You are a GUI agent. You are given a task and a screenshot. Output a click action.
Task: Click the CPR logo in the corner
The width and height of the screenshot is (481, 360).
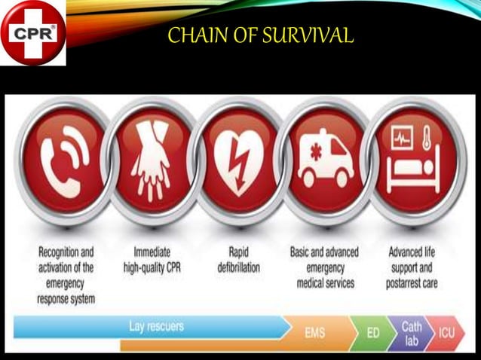tap(33, 33)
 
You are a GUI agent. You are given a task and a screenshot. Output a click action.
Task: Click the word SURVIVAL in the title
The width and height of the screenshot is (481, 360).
tap(309, 35)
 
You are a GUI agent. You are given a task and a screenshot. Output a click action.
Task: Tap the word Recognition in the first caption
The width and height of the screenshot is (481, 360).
tap(66, 251)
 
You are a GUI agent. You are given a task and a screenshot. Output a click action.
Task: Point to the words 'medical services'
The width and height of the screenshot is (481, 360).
tap(324, 283)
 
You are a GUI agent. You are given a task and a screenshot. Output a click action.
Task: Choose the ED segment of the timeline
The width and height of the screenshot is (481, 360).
tap(372, 331)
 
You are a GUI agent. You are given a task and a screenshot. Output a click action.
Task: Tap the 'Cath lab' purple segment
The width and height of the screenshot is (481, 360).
tap(412, 332)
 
